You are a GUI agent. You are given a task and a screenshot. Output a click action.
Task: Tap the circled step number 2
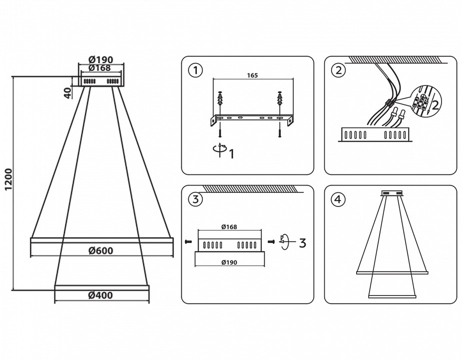tap(339, 70)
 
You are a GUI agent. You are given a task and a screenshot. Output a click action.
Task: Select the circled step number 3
tap(195, 199)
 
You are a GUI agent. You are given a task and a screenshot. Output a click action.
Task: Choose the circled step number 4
tap(339, 199)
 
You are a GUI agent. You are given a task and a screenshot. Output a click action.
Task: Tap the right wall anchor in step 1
tap(280, 103)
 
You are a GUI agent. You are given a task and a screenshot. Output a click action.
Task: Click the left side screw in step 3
tap(188, 242)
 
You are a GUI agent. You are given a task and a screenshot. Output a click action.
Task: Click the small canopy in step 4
tap(392, 192)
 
